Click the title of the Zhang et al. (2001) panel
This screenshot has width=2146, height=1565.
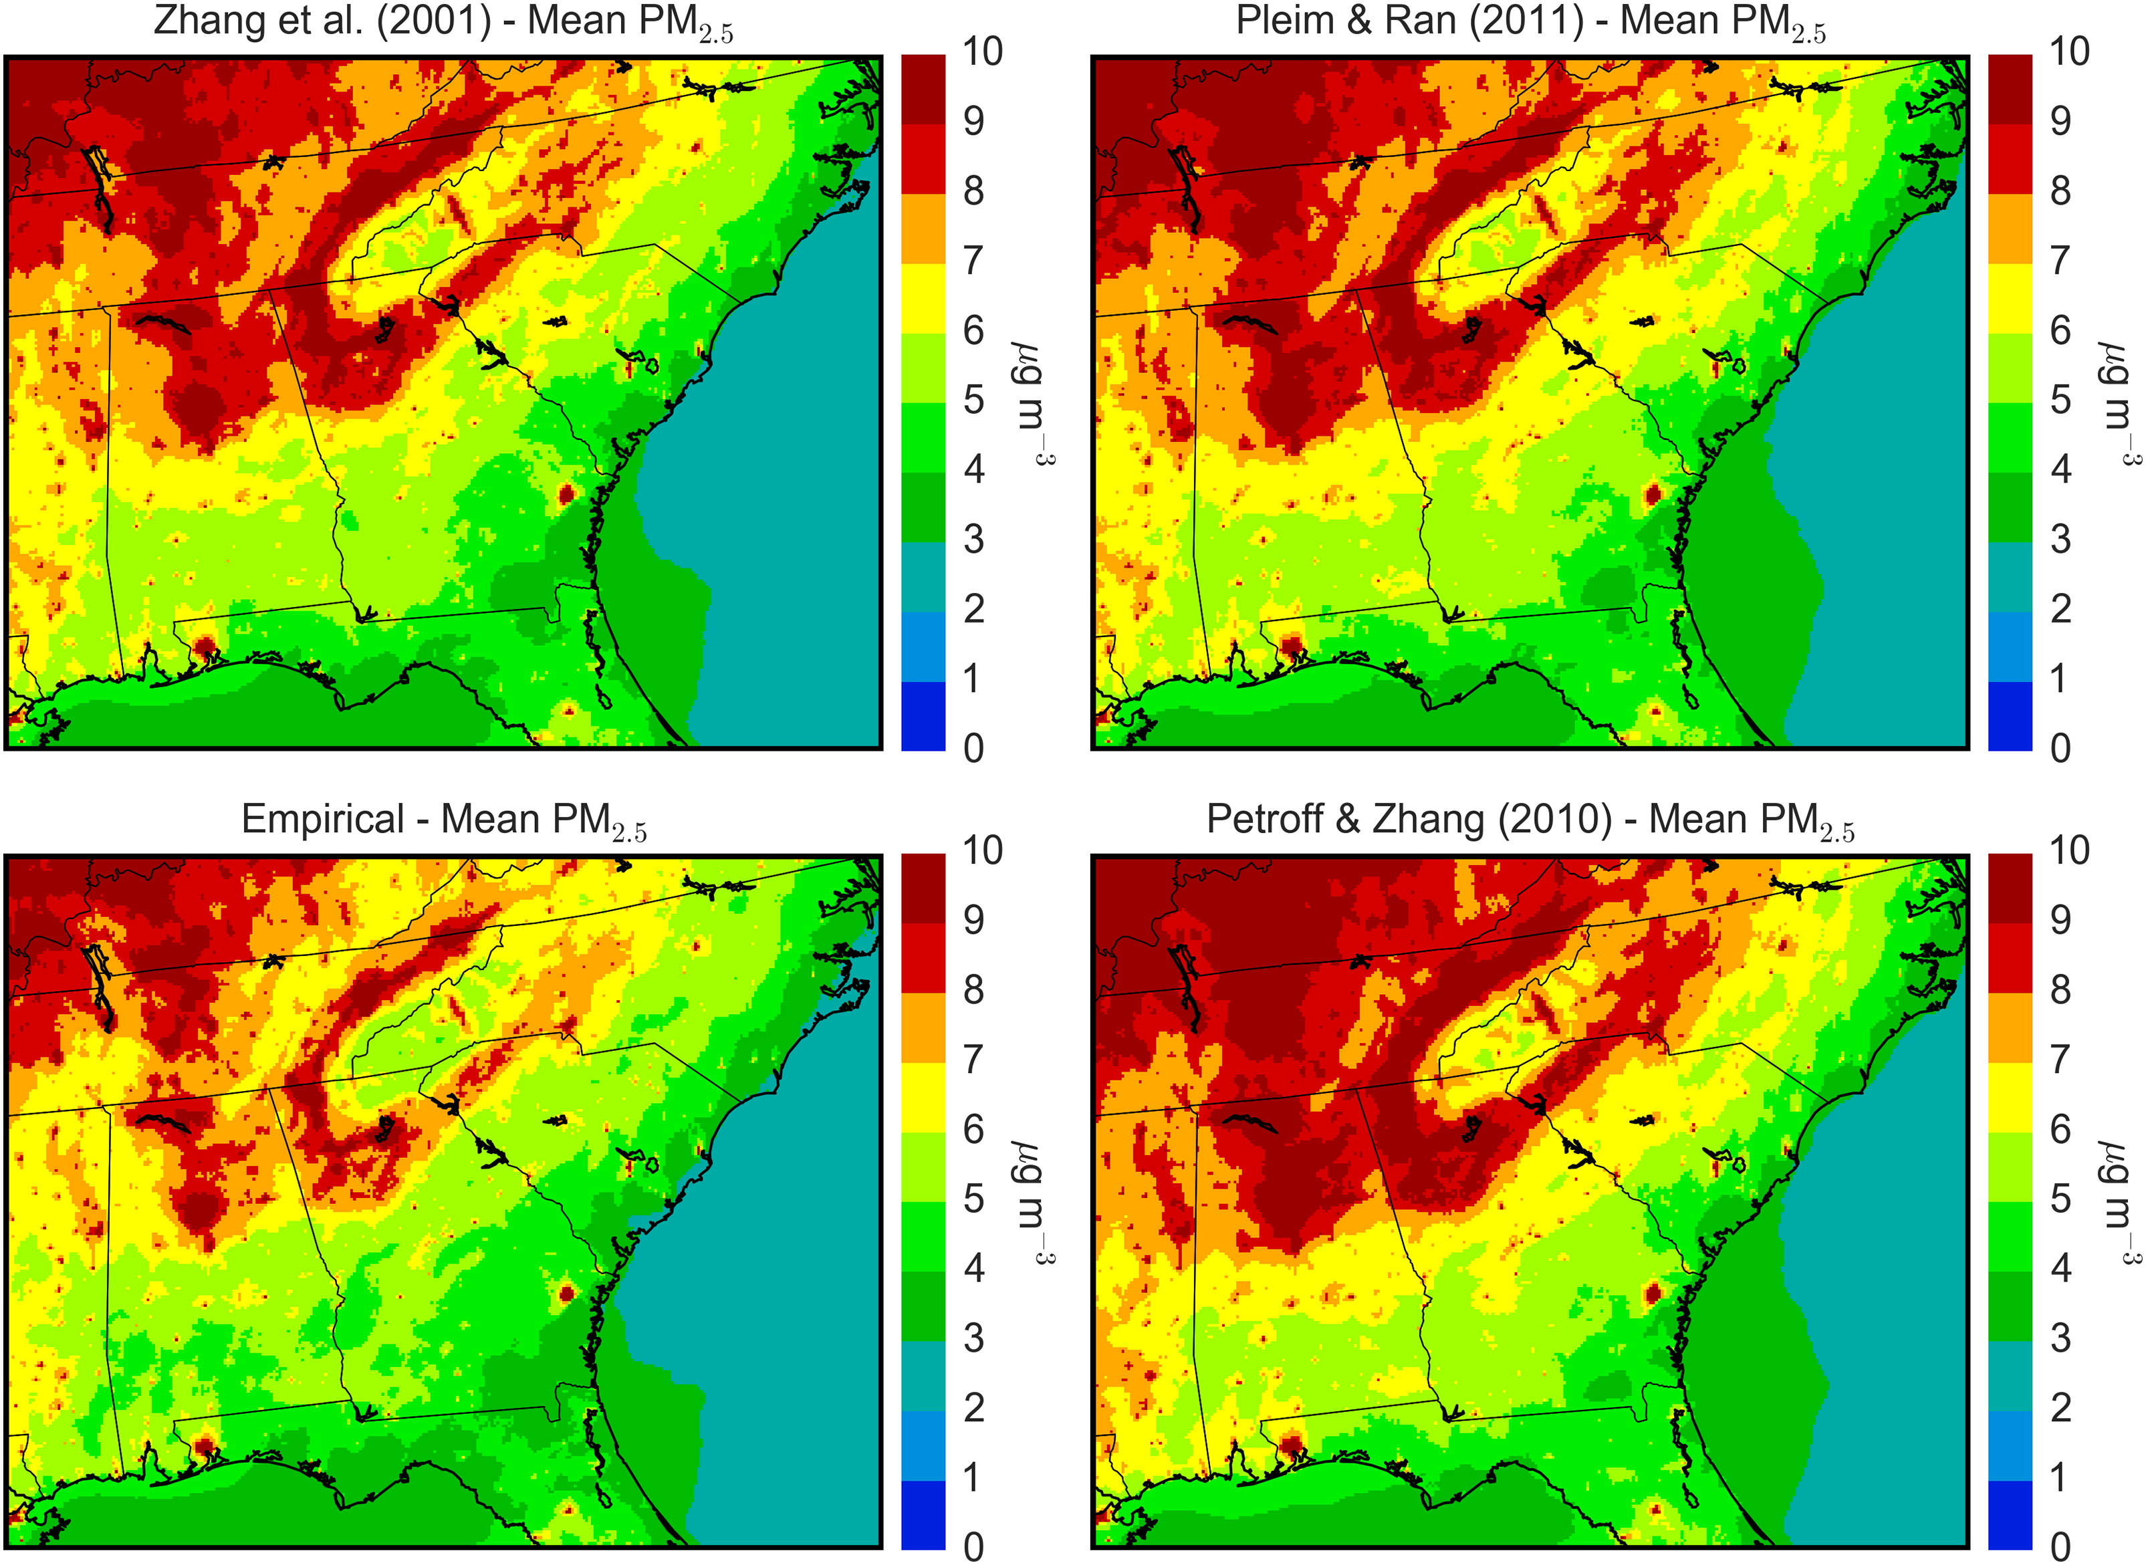(x=443, y=23)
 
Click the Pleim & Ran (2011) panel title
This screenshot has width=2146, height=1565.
(x=1530, y=23)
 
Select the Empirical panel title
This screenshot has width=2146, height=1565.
(x=443, y=820)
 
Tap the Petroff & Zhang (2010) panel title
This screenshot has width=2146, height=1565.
(x=1530, y=820)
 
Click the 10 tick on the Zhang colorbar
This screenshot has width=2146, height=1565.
(x=983, y=51)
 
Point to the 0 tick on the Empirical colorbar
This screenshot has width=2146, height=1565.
(x=973, y=1547)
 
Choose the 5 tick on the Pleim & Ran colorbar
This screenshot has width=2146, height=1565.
(x=2060, y=400)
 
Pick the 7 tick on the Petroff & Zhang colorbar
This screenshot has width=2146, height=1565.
(x=2060, y=1059)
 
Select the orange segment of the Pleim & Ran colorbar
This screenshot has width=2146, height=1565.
(x=2010, y=229)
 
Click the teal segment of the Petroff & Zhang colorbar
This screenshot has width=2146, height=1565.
(x=2010, y=1376)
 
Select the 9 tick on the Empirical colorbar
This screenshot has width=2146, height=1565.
(x=973, y=920)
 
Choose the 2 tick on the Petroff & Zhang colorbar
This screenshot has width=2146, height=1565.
(x=2060, y=1408)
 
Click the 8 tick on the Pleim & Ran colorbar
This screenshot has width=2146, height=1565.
(x=2060, y=191)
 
